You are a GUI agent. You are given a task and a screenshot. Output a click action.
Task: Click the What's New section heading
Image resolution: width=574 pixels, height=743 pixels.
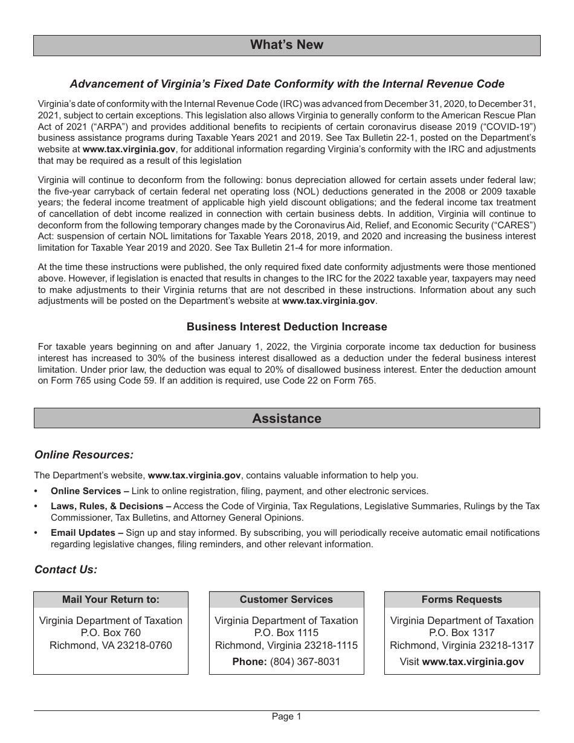tap(286, 45)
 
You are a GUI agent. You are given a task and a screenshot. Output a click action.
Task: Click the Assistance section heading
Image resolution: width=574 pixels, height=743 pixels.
tap(286, 418)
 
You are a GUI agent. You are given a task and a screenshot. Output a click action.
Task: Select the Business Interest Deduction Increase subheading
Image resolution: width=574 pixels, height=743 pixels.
tap(286, 327)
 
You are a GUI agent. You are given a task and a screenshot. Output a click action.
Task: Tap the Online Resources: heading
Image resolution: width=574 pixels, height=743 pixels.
tap(84, 454)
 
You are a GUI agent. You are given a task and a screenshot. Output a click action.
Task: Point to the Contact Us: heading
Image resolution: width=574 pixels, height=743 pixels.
tap(66, 569)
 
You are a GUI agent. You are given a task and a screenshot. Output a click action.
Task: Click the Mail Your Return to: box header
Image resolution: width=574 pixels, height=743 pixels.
tap(111, 599)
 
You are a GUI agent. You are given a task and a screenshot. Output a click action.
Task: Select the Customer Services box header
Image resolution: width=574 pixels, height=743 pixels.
tap(286, 599)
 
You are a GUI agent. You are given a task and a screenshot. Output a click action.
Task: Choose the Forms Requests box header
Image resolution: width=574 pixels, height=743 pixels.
tap(462, 599)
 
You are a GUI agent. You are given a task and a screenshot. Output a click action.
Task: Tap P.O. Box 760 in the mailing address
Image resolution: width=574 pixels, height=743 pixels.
tap(111, 632)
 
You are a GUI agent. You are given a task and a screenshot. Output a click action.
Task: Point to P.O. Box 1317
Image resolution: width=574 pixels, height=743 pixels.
tap(462, 632)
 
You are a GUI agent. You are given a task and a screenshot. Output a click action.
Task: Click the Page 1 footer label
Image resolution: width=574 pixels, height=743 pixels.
tap(286, 716)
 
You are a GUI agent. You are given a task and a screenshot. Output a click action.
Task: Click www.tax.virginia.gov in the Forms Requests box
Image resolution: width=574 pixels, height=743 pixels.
tap(473, 661)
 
